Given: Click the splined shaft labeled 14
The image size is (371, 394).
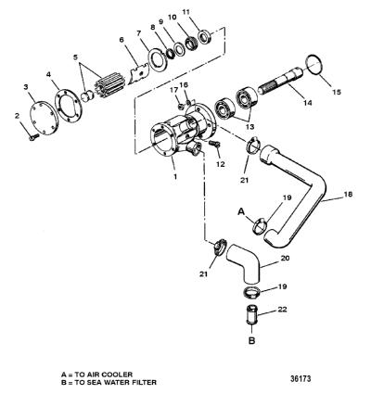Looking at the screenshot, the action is click(281, 82).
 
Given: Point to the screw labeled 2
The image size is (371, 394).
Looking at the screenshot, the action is click(33, 137).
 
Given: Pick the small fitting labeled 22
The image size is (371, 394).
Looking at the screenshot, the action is click(252, 314).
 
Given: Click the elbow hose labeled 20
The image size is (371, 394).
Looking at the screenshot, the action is click(244, 262).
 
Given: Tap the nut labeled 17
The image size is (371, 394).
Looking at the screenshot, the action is click(181, 107).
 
